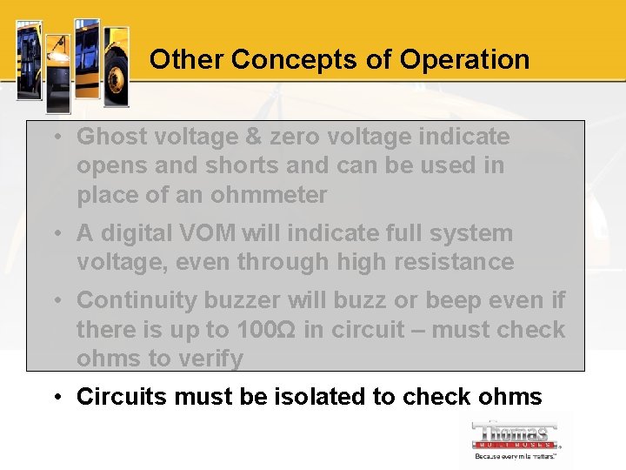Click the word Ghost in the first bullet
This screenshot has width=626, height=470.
click(x=107, y=137)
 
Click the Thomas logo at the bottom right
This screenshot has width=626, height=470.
click(x=516, y=440)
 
